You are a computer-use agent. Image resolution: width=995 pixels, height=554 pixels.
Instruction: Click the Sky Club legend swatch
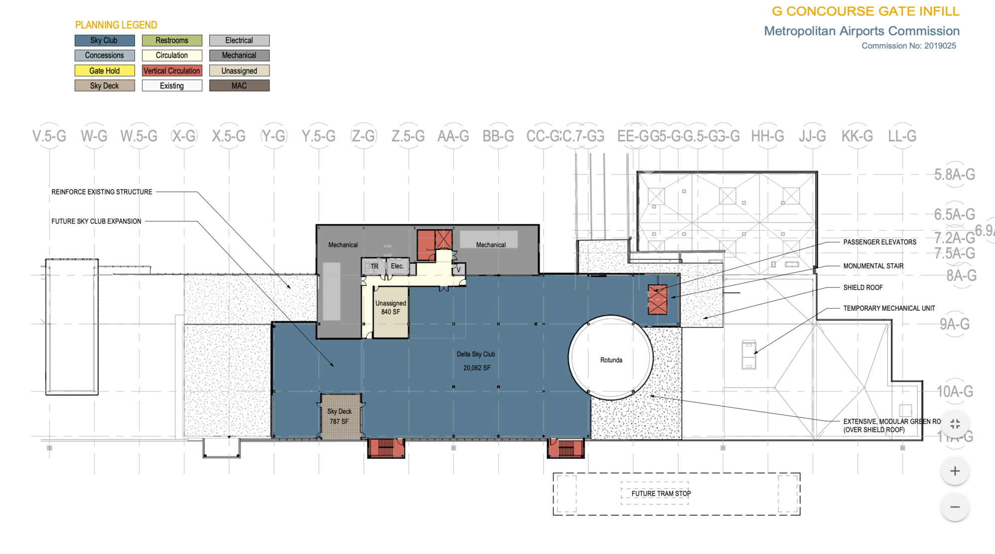[x=105, y=40]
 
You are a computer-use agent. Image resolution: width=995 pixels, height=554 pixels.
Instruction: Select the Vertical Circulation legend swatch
[x=172, y=71]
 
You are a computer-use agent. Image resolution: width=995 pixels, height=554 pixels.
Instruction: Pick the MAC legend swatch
[x=239, y=86]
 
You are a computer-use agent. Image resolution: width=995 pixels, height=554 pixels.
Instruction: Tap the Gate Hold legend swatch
[x=105, y=71]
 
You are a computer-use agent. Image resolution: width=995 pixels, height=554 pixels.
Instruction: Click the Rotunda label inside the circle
[x=611, y=360]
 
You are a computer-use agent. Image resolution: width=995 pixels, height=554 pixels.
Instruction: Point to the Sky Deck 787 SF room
[x=340, y=416]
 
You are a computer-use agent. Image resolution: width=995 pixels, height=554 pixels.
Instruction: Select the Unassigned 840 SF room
[x=391, y=308]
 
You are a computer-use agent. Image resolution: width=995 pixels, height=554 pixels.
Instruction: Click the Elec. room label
[x=397, y=266]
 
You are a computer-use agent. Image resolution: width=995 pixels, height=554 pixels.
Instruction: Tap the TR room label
[x=374, y=266]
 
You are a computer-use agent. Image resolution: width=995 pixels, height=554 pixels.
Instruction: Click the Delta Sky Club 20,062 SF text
[x=476, y=361]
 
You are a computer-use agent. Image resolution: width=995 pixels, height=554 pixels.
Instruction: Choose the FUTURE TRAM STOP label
[x=661, y=494]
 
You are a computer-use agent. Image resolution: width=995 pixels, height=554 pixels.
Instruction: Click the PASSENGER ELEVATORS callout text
[x=879, y=242]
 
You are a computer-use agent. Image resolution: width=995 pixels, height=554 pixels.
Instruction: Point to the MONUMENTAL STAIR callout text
[x=873, y=266]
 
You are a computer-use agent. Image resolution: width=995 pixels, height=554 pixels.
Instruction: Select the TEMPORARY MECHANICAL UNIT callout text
[x=889, y=309]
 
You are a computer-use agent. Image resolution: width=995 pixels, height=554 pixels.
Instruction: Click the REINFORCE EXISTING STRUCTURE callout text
[x=102, y=192]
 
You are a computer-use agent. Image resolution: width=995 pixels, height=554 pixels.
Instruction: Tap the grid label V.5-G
[x=49, y=136]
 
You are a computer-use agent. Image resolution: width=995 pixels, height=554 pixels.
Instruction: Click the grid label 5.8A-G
[x=954, y=175]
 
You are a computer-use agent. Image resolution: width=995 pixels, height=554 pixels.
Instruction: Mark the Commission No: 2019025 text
[x=908, y=46]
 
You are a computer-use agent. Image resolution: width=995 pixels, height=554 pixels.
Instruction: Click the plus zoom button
[x=955, y=471]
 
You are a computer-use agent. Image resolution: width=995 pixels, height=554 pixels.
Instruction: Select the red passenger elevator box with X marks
[x=657, y=299]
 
